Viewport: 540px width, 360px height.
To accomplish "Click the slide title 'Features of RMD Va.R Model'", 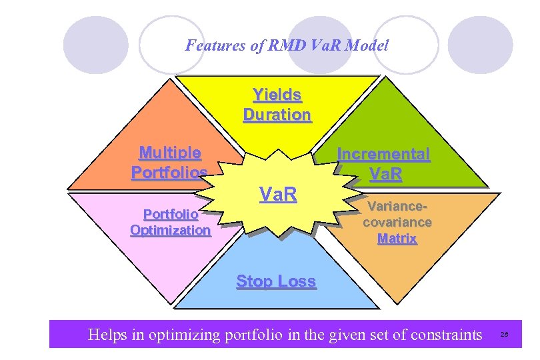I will pos(287,45).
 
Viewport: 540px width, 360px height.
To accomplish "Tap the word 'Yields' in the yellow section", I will pos(277,95).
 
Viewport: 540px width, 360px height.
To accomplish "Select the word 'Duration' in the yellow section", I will pos(277,115).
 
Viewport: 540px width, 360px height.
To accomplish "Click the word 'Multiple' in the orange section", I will pos(170,153).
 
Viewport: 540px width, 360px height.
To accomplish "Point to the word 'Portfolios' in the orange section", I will pos(169,172).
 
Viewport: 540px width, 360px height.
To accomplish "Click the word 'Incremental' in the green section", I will pos(383,154).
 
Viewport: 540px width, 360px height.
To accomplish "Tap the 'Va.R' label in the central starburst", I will pos(277,195).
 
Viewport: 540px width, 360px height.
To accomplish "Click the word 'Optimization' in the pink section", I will pos(171,230).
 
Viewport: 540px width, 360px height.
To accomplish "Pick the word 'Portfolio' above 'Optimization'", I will pos(171,215).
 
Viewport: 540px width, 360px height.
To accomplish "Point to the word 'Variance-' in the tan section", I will pos(397,207).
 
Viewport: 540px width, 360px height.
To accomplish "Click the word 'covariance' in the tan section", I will pos(397,222).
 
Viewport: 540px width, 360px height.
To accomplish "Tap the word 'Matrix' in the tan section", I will pos(397,238).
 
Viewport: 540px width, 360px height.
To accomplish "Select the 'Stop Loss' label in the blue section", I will pos(276,281).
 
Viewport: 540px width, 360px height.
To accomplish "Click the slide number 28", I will pos(504,334).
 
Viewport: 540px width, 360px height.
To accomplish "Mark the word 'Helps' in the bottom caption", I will pos(107,333).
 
